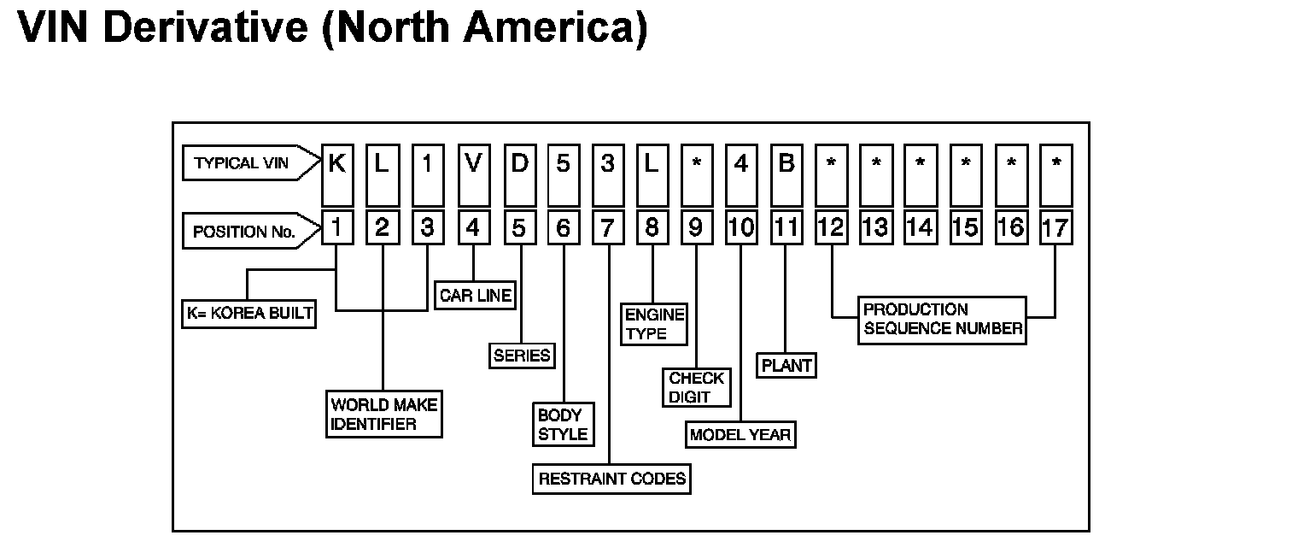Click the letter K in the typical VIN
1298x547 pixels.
pyautogui.click(x=337, y=163)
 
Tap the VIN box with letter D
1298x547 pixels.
pyautogui.click(x=518, y=163)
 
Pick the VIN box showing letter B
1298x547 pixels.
pyautogui.click(x=786, y=163)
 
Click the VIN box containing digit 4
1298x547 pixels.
pyautogui.click(x=741, y=163)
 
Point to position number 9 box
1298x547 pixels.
pyautogui.click(x=696, y=228)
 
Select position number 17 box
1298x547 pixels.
pyautogui.click(x=1055, y=228)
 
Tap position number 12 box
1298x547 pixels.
pyautogui.click(x=831, y=228)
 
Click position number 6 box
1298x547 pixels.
pyautogui.click(x=563, y=228)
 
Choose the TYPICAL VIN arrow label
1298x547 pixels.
pyautogui.click(x=243, y=163)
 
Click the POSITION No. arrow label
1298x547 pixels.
pyautogui.click(x=244, y=231)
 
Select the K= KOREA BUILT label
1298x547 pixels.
pyautogui.click(x=249, y=314)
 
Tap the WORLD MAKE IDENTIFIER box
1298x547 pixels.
pyautogui.click(x=384, y=414)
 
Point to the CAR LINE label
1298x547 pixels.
pyautogui.click(x=476, y=296)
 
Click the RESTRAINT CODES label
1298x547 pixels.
pyautogui.click(x=612, y=479)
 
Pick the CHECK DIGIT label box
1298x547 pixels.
pyautogui.click(x=697, y=387)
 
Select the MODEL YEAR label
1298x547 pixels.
pyautogui.click(x=740, y=435)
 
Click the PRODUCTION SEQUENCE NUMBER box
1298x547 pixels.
pyautogui.click(x=941, y=320)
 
